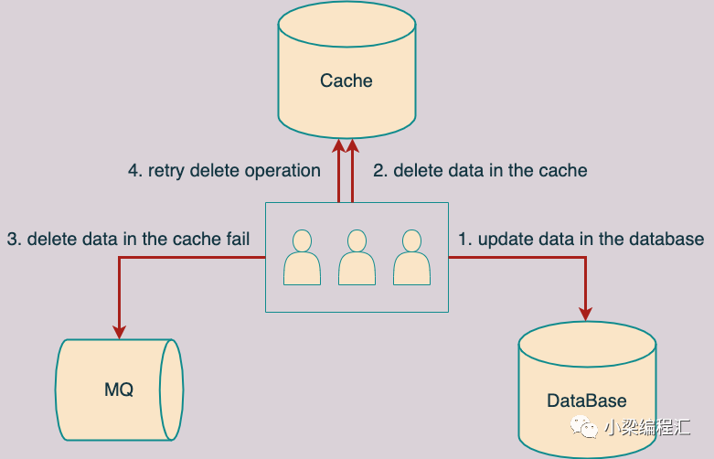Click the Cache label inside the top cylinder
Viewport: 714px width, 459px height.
click(x=346, y=80)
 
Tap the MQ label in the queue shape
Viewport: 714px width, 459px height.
click(x=119, y=390)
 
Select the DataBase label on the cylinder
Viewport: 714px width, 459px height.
click(x=586, y=400)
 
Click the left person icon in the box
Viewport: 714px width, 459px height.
click(x=302, y=257)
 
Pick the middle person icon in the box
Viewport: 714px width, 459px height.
click(x=357, y=257)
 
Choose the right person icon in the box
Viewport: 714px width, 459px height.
click(x=411, y=257)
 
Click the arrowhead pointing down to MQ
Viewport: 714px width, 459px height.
click(x=119, y=330)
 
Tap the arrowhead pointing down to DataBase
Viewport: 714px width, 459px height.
click(x=586, y=312)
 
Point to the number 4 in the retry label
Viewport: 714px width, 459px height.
click(x=133, y=170)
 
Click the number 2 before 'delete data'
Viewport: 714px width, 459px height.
click(x=378, y=170)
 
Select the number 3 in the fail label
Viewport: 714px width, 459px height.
click(x=13, y=240)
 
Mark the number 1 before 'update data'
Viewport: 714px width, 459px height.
click(x=464, y=240)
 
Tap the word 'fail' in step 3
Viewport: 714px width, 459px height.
click(x=235, y=240)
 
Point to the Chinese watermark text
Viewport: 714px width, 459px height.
click(x=645, y=427)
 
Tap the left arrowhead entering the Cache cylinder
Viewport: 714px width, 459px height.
click(x=339, y=145)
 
